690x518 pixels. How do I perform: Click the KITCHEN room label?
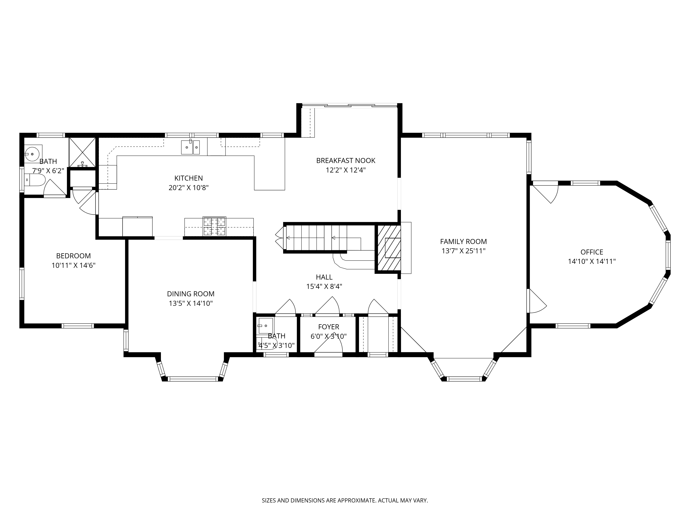[188, 178]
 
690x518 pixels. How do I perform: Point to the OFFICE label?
[592, 252]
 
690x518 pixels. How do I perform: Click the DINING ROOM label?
[191, 294]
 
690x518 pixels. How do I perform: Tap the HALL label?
[324, 277]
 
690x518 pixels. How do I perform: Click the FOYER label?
[328, 327]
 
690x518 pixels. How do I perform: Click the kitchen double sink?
[190, 147]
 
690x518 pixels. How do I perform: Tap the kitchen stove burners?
[214, 226]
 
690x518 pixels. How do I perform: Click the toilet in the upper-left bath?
[35, 180]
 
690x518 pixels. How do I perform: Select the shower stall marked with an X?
[82, 152]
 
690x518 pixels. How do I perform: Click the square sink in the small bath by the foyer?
[265, 326]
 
